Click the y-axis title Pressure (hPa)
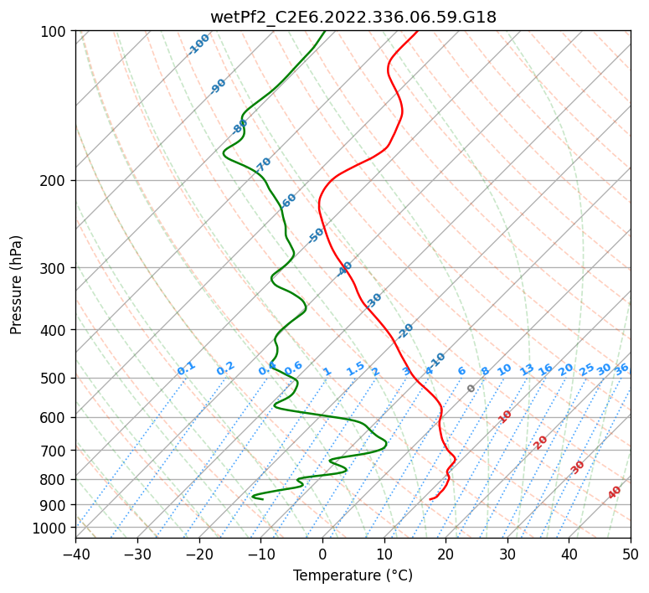pyautogui.click(x=16, y=284)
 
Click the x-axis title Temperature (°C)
pyautogui.click(x=353, y=575)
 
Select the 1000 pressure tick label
pyautogui.click(x=52, y=529)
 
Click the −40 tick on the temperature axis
pyautogui.click(x=75, y=554)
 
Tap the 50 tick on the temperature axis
pyautogui.click(x=631, y=554)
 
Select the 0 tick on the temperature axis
pyautogui.click(x=322, y=554)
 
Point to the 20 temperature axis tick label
pyautogui.click(x=446, y=554)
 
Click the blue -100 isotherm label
pyautogui.click(x=198, y=44)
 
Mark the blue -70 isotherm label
pyautogui.click(x=263, y=164)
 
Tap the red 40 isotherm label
pyautogui.click(x=615, y=492)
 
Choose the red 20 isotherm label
pyautogui.click(x=541, y=441)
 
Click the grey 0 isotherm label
pyautogui.click(x=471, y=389)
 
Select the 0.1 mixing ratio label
pyautogui.click(x=186, y=368)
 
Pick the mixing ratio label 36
pyautogui.click(x=621, y=369)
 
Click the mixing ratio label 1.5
pyautogui.click(x=355, y=368)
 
